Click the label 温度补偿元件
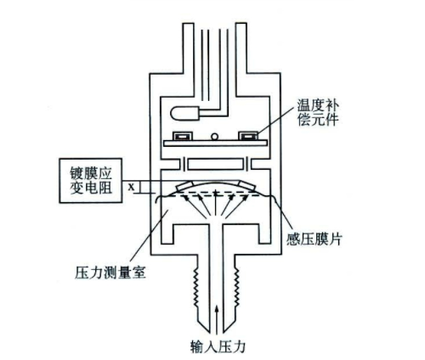318,112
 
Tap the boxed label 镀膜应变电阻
91,181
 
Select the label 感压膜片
314,239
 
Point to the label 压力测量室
110,273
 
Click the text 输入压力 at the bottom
218,346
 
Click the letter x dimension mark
131,187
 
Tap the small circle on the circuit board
214,137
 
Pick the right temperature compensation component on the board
248,136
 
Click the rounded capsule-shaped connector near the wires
184,114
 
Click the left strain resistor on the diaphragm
184,187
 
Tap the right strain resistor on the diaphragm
246,187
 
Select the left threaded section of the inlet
195,288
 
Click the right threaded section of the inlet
237,288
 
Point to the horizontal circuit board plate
215,143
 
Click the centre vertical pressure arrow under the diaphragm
216,203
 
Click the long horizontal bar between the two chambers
215,165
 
